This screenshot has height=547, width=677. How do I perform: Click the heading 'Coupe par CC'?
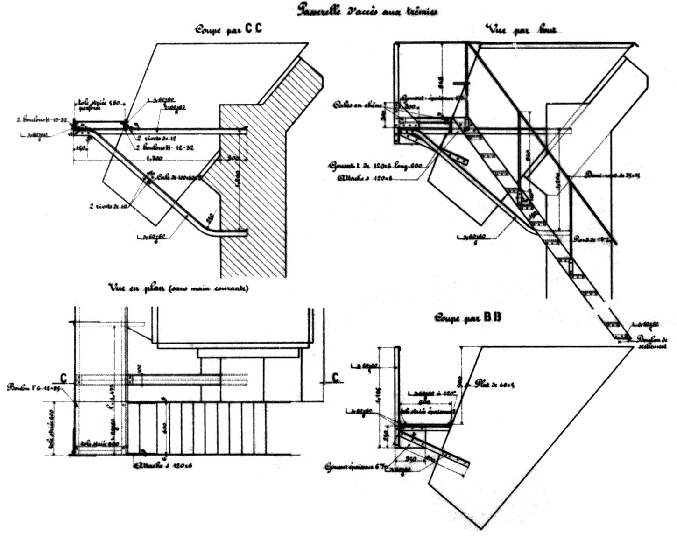pos(228,29)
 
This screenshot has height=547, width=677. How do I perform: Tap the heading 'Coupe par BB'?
pos(468,317)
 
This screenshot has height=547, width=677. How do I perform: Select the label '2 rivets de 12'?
pos(157,139)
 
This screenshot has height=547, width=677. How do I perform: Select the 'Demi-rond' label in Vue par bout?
pos(607,175)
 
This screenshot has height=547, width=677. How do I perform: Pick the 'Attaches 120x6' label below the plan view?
pos(163,465)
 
